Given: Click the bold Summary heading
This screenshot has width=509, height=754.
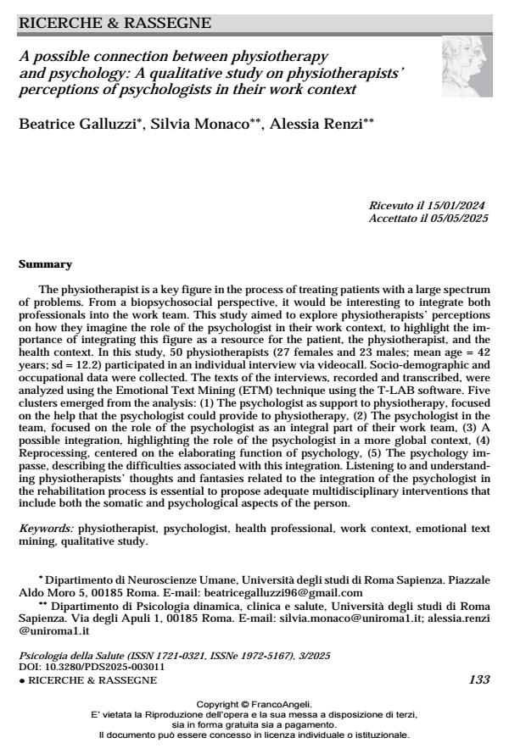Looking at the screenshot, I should point(45,264).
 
